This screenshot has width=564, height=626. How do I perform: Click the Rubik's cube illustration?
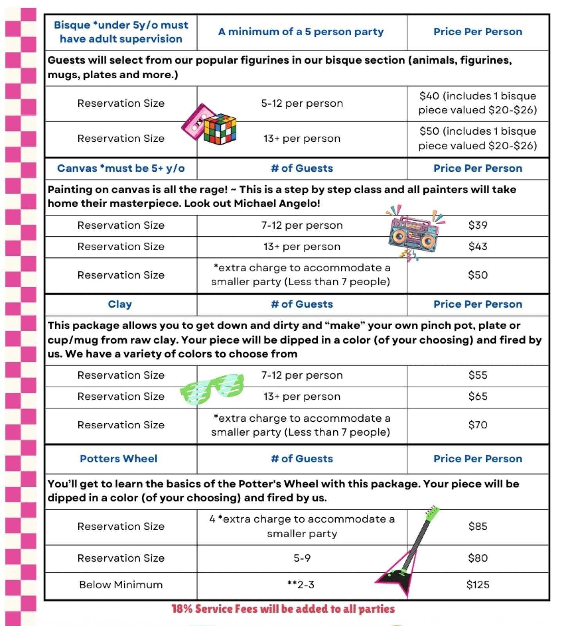tap(220, 129)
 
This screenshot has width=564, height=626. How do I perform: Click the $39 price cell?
tap(478, 225)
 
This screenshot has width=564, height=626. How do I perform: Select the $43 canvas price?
tap(478, 246)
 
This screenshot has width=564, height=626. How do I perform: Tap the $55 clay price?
tap(478, 375)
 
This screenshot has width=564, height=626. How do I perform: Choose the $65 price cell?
tap(478, 396)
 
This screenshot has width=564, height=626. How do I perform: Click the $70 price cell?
tap(478, 425)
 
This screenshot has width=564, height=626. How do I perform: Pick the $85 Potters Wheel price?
tap(478, 526)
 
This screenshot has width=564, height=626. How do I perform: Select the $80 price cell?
tap(478, 558)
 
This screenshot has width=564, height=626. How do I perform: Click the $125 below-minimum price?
tap(478, 585)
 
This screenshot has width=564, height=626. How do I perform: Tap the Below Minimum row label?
tap(121, 585)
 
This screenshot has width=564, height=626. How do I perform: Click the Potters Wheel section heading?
tap(119, 459)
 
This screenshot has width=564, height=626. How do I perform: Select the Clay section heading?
tap(120, 304)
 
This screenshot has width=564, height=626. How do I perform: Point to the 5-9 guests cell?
tap(302, 558)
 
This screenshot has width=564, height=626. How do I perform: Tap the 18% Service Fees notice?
tap(283, 609)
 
